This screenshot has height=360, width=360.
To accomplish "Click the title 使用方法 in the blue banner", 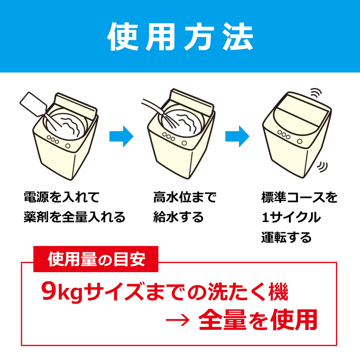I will tap(180, 37).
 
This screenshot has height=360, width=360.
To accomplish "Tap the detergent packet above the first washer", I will tap(33, 104).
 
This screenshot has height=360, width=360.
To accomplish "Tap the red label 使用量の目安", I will tap(96, 259).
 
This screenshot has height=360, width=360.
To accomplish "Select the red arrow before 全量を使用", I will tap(178, 320).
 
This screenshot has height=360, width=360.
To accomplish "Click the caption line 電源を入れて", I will tap(61, 197).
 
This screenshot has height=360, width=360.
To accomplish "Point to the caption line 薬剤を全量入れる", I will tap(74, 217).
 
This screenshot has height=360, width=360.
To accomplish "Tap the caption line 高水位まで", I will tap(184, 197).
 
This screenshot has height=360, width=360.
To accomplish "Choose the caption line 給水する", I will tap(178, 217).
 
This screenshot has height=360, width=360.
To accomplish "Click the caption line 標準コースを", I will tap(299, 197).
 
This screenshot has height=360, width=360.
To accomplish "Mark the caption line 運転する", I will tap(286, 237).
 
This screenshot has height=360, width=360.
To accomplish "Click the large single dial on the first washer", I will tap(68, 146).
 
